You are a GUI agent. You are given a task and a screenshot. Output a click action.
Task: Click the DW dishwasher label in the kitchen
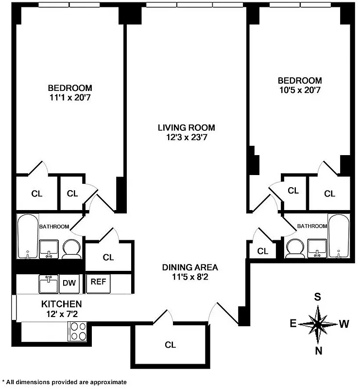[68, 283]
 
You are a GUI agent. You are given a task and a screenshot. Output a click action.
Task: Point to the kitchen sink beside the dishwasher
[49, 283]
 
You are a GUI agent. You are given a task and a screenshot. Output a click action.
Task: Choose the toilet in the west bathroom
[294, 248]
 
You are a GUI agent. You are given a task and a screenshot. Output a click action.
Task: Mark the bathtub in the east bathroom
[27, 237]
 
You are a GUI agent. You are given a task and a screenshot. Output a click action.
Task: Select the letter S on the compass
[317, 296]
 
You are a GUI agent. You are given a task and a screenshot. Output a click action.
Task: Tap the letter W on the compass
[343, 323]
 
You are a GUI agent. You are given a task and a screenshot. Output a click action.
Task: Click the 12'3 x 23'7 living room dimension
[186, 138]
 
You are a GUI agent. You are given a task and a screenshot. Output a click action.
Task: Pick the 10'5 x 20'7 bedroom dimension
[299, 89]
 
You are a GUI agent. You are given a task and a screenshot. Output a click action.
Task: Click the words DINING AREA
[190, 267]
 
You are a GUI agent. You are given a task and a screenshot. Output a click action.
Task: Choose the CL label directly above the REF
[108, 257]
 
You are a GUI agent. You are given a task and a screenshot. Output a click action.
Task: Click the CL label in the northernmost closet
[170, 345]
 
